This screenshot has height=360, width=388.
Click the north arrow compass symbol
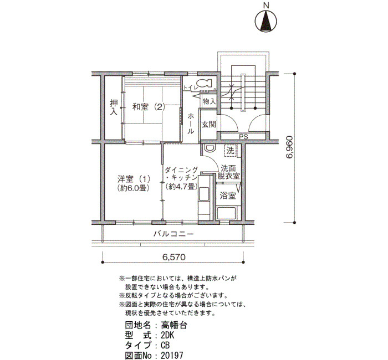point(266,21)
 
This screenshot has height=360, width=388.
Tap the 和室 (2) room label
point(149,107)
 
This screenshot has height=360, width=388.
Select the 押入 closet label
point(114,107)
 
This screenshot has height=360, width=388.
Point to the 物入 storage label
point(209,101)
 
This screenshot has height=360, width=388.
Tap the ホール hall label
point(191,124)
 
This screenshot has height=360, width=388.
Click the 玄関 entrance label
point(208,125)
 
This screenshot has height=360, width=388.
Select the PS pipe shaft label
point(243,137)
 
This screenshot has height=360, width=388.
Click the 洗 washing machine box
point(231,151)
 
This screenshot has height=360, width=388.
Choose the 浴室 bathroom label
point(228,196)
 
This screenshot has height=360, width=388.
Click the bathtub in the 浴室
point(226,213)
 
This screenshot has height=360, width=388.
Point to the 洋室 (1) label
point(134,178)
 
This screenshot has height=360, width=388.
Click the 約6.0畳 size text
point(134,188)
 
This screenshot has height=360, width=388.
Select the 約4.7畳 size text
point(181,186)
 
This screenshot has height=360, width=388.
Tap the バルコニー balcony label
point(173,234)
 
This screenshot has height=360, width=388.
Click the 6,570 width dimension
point(173,257)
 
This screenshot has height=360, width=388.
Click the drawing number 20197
point(172,356)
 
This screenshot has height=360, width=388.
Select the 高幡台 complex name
point(174,325)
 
